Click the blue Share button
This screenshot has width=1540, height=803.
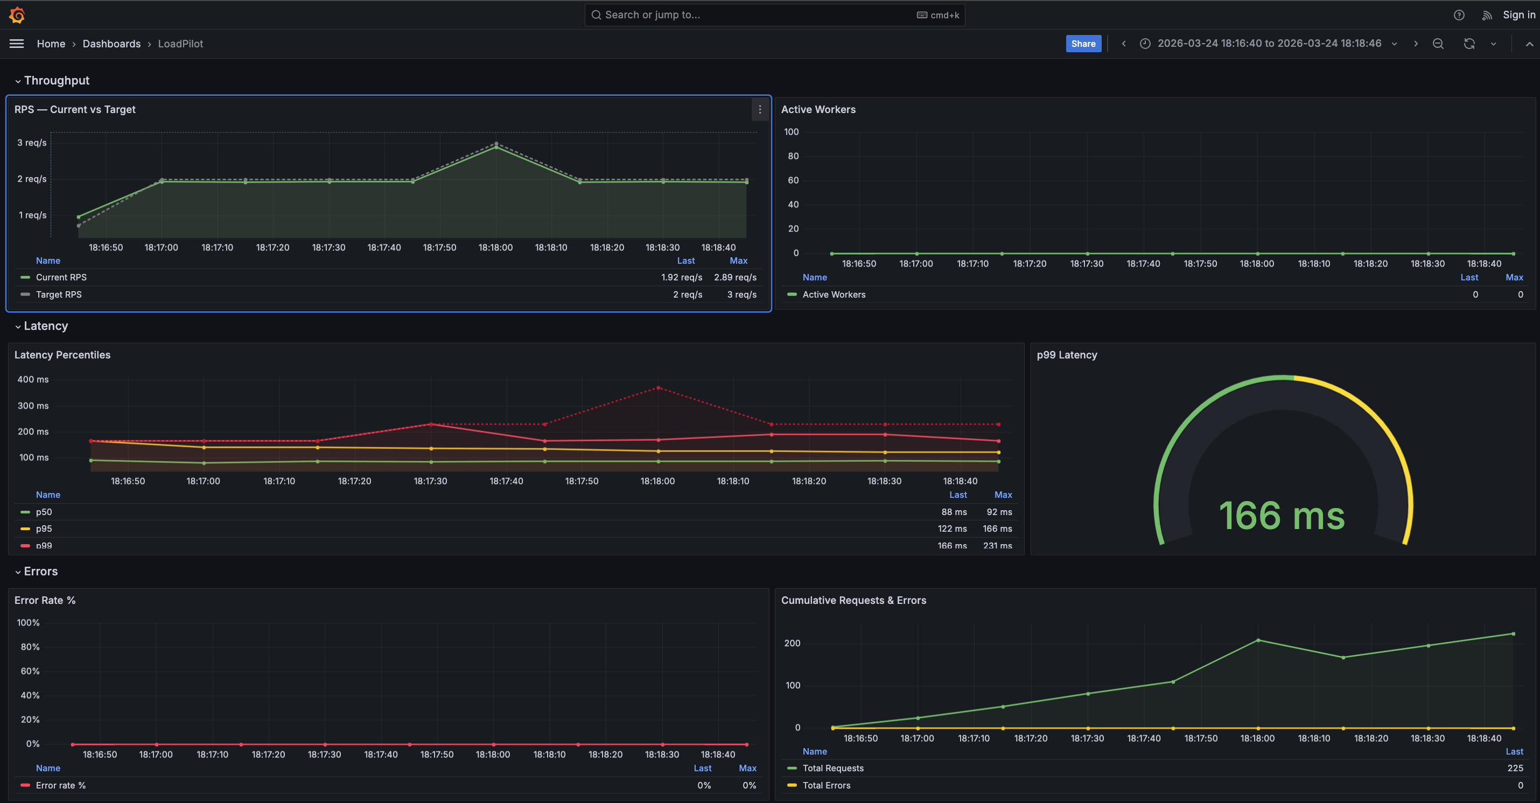[1083, 44]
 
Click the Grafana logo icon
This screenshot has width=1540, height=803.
[17, 15]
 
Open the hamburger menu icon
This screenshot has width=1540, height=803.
[17, 44]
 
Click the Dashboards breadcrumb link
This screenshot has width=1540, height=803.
[111, 44]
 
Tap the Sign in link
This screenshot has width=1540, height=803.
[1518, 15]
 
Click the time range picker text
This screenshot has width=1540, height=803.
[1269, 44]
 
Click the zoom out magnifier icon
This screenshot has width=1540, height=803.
[1438, 44]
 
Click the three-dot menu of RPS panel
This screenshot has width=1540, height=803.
[759, 109]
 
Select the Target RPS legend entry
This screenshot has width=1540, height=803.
[59, 294]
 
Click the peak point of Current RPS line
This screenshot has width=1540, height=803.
[495, 147]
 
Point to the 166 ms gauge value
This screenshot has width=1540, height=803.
[1282, 515]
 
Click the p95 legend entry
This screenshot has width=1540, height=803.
[44, 529]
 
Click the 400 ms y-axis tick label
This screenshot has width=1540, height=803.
[33, 379]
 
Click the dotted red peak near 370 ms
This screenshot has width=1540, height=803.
[658, 388]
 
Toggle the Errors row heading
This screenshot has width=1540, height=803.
[40, 571]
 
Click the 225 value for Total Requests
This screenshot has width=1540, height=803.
[1514, 769]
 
